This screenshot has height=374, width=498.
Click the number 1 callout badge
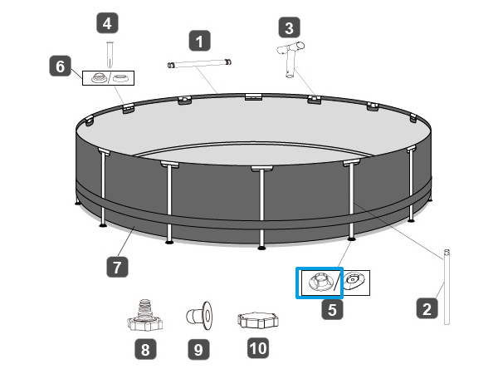point(199,41)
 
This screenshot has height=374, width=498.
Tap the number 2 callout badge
point(427,308)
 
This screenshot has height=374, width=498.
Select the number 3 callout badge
point(289,27)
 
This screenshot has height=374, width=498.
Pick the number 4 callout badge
point(107,23)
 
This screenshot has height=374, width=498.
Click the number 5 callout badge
point(332,309)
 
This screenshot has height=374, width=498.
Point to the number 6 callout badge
point(61,66)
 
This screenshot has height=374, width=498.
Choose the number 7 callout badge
point(117,267)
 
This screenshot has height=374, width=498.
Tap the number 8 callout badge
point(145,349)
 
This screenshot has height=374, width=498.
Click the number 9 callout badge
point(198,349)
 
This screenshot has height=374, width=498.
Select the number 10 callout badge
point(258,348)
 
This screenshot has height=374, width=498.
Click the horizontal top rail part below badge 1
point(199,63)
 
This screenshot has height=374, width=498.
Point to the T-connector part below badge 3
point(290,59)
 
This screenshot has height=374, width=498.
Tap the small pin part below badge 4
point(110,54)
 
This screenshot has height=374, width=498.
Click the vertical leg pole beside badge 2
point(447,287)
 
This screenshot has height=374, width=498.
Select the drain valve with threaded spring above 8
point(144,315)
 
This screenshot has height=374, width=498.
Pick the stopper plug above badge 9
point(199,316)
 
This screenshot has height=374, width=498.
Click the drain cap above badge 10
point(258,320)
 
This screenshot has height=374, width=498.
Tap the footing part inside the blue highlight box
point(320,283)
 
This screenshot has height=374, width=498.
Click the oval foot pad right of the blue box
point(354,282)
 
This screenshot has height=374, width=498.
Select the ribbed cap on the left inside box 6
point(99,78)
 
